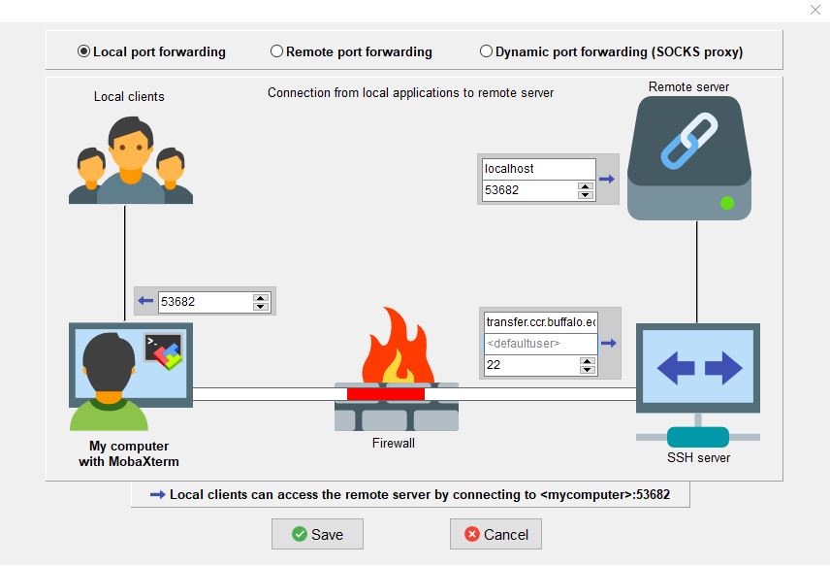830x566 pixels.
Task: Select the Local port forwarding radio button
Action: [x=83, y=51]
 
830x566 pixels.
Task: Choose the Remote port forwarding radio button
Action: [x=276, y=51]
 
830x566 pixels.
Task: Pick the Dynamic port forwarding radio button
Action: [x=486, y=51]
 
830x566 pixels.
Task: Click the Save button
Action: [x=317, y=534]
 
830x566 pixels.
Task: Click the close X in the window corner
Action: [x=815, y=10]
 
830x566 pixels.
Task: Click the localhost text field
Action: [x=539, y=169]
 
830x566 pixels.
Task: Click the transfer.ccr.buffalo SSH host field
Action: [x=540, y=322]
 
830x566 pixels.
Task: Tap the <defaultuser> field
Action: [x=540, y=344]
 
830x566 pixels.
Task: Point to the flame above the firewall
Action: [x=398, y=345]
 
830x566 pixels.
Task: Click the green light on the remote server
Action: [x=727, y=203]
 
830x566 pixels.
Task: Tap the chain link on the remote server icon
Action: [x=688, y=141]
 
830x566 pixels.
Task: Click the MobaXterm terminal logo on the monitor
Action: [x=164, y=351]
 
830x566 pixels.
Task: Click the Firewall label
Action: [x=394, y=443]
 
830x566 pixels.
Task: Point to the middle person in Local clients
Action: [x=131, y=160]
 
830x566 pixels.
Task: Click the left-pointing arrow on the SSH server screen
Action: [x=676, y=368]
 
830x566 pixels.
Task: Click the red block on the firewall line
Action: [x=386, y=394]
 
